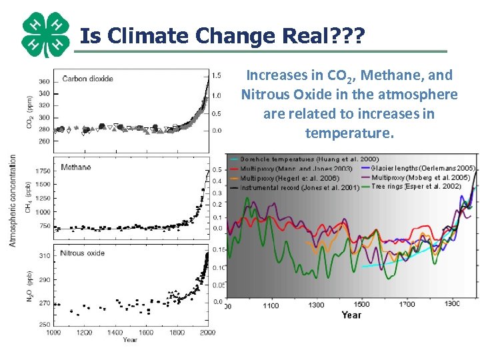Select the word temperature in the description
[349, 133]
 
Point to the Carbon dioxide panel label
[87, 79]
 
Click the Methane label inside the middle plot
[75, 167]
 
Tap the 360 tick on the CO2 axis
[43, 82]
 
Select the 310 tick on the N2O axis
[43, 255]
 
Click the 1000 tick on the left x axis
[53, 332]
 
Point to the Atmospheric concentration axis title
[13, 200]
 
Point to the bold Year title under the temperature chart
[351, 315]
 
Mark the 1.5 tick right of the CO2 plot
[217, 76]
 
